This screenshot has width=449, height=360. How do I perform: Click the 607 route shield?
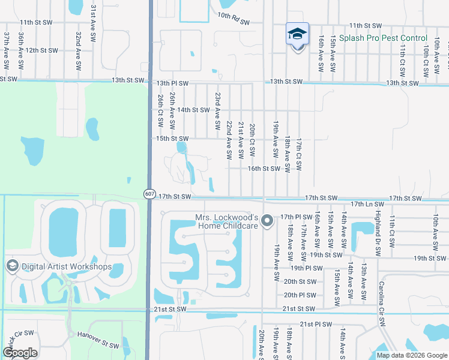[x=149, y=194]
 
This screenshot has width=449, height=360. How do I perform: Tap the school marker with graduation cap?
[x=298, y=34]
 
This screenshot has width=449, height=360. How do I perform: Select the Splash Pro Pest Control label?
[x=383, y=38]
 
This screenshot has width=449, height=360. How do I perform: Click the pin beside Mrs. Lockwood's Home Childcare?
[x=268, y=222]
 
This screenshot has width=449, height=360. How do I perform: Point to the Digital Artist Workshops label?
[x=66, y=266]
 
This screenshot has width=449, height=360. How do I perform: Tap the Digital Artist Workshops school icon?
[x=11, y=266]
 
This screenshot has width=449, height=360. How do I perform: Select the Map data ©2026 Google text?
[x=411, y=355]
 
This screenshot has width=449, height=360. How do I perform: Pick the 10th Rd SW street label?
[x=234, y=19]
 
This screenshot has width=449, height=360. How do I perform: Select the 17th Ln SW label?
[x=367, y=205]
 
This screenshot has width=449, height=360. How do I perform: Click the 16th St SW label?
[x=264, y=169]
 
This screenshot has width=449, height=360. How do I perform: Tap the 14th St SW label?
[x=193, y=110]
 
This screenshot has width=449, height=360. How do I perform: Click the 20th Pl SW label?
[x=300, y=295]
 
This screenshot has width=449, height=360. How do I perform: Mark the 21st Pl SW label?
[x=316, y=324]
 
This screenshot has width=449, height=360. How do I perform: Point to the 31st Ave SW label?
[x=93, y=23]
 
